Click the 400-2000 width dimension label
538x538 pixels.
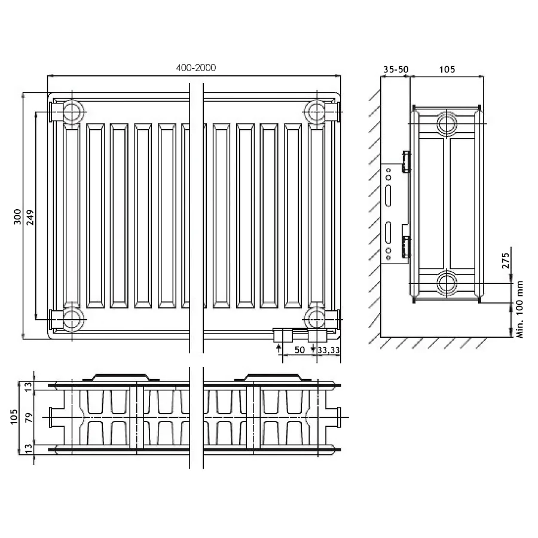coord(196,68)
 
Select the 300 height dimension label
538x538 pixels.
coord(17,216)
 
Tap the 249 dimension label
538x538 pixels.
coord(30,217)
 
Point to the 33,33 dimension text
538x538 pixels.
coord(329,350)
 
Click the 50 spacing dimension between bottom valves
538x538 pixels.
coord(299,350)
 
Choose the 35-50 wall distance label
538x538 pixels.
coord(396,69)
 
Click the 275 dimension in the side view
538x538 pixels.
coord(506,261)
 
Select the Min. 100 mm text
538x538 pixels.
coord(519,309)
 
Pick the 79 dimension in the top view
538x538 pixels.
coord(29,418)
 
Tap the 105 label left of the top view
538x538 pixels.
coord(14,417)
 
